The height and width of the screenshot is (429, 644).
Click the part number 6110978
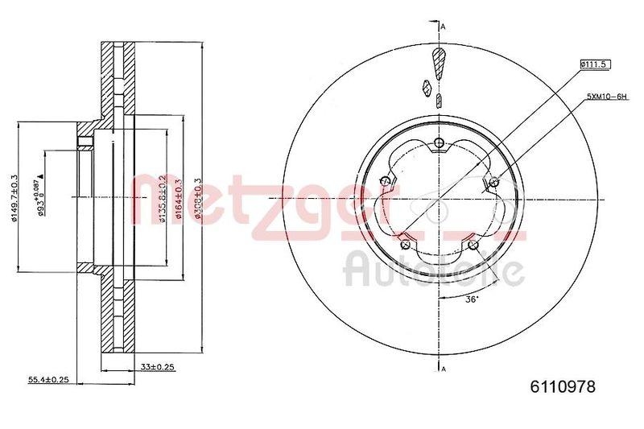(x=563, y=387)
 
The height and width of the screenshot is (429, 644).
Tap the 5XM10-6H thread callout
(x=606, y=97)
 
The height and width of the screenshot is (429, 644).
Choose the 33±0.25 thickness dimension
(x=158, y=367)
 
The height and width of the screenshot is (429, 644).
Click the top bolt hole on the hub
(x=439, y=143)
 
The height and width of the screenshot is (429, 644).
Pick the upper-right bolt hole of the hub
(x=493, y=181)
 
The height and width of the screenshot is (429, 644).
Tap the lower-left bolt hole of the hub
(x=406, y=242)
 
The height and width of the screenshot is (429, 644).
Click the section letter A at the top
(x=444, y=26)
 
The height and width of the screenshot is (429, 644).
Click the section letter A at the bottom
(x=444, y=369)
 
